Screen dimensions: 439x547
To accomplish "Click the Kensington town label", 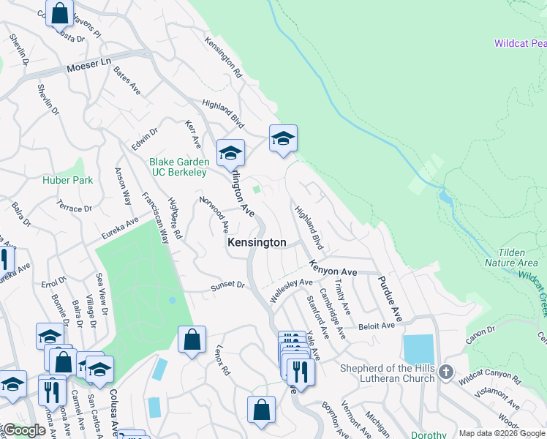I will pos(256,242).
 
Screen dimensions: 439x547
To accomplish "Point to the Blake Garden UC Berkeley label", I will pos(178,167).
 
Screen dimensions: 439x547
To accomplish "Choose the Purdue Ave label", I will pos(391,299).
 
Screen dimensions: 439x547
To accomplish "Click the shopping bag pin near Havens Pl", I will pos(59,12).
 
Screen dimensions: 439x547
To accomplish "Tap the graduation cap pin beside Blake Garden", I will pos(230,152).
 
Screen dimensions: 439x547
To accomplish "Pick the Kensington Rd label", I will pos(224,58).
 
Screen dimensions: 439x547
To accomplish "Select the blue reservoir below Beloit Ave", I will pos(418,350).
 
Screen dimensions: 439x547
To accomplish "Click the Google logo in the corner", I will pos(23,431).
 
